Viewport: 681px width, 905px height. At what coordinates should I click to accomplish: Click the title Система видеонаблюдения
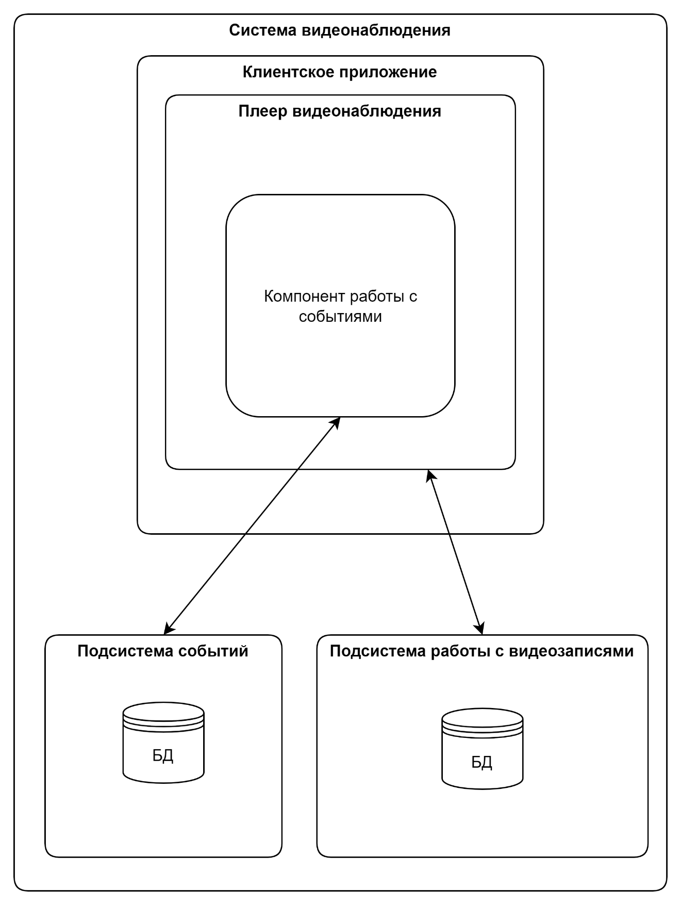click(x=340, y=30)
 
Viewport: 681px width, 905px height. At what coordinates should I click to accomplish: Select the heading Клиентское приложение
click(x=340, y=72)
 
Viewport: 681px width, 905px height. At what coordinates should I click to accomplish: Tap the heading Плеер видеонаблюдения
click(x=340, y=111)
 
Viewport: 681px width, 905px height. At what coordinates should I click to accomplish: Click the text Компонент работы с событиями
click(x=340, y=306)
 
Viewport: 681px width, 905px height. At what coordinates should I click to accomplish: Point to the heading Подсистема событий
click(x=163, y=651)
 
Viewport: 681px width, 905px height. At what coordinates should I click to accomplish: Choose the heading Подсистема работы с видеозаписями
click(x=481, y=651)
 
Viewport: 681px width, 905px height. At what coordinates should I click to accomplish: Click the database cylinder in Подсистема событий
click(x=163, y=742)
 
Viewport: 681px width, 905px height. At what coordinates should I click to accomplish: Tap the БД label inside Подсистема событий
click(x=163, y=756)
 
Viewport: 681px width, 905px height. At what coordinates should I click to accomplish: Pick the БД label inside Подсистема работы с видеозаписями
click(x=481, y=762)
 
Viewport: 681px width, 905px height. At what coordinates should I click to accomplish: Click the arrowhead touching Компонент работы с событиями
click(x=336, y=422)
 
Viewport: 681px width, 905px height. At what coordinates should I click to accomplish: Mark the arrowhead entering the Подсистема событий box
click(x=169, y=628)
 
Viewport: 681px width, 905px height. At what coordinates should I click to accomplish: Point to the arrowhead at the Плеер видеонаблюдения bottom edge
click(x=430, y=475)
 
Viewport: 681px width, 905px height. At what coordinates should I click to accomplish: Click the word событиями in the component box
click(x=340, y=316)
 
